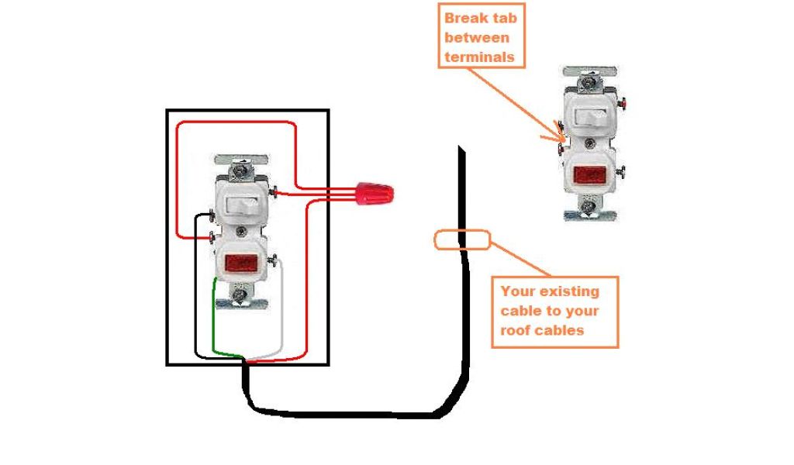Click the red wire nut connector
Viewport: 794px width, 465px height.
tap(375, 193)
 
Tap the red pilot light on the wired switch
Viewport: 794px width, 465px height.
tap(241, 263)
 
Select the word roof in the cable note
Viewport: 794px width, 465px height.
tap(516, 329)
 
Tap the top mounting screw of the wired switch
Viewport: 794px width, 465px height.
tap(243, 164)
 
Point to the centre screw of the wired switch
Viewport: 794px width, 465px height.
tap(241, 230)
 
